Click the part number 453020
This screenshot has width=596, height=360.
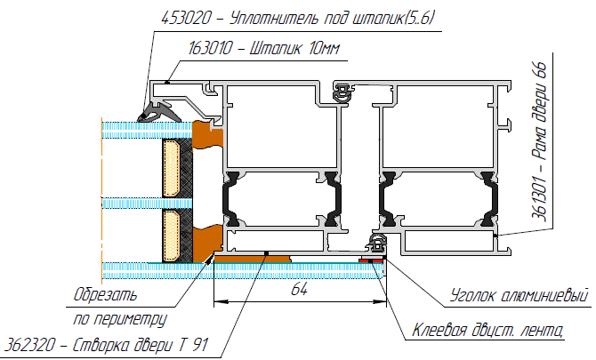186,18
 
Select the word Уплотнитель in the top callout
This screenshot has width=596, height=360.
274,18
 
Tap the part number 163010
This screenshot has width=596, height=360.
210,48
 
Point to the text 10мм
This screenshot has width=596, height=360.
324,49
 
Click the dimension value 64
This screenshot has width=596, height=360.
299,290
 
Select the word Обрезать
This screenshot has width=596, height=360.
105,294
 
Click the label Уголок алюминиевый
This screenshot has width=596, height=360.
519,295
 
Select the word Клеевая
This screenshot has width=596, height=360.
439,330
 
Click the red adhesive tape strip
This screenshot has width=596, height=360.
371,260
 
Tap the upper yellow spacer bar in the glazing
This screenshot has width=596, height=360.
171,168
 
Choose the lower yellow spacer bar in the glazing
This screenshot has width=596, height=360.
171,236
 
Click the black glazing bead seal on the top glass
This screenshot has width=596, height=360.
158,113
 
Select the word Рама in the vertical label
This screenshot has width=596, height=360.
539,145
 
